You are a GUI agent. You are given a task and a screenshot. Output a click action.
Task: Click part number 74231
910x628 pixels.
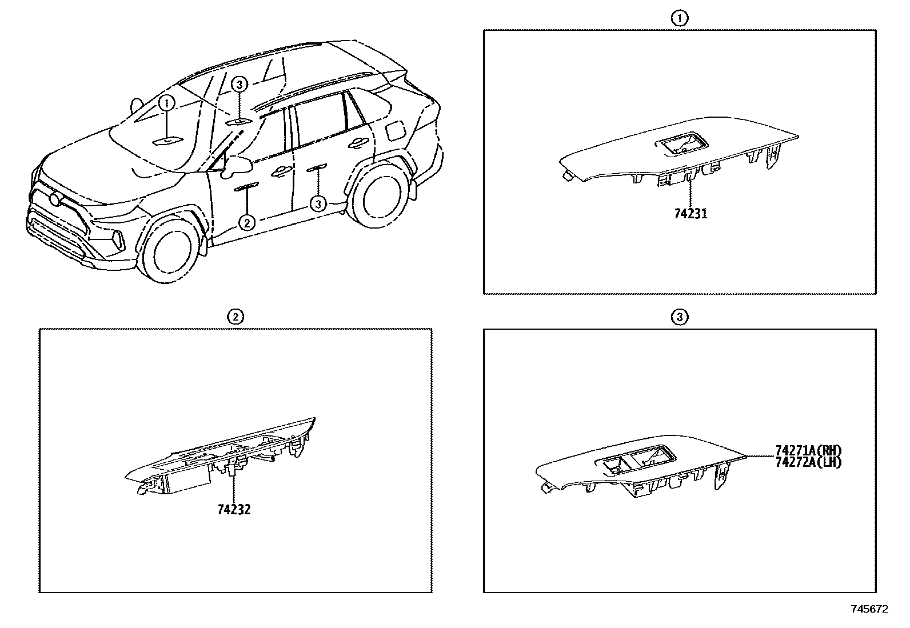[x=690, y=214]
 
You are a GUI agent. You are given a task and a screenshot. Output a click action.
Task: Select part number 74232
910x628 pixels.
[x=234, y=509]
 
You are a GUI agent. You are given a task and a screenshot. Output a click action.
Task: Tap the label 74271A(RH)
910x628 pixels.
[x=809, y=451]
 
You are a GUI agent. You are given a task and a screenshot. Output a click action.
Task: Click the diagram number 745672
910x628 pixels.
[x=869, y=610]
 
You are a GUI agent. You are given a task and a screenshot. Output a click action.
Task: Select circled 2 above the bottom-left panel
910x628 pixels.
[x=235, y=316]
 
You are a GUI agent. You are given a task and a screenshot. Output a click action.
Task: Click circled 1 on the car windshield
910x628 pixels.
[x=166, y=103]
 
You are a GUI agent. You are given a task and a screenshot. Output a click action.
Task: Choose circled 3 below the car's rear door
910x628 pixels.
[x=318, y=203]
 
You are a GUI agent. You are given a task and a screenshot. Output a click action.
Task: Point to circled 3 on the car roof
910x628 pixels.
[x=240, y=85]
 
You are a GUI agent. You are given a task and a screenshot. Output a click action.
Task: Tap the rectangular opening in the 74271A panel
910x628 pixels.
[x=634, y=458]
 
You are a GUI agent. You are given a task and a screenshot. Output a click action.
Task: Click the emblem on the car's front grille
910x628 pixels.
[x=56, y=200]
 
